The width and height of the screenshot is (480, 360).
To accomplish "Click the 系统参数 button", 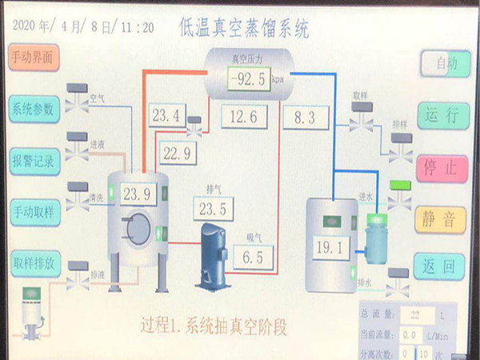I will [x=33, y=109].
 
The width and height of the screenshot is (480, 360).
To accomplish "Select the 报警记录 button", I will [x=33, y=160].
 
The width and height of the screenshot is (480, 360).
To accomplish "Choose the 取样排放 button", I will [x=33, y=262].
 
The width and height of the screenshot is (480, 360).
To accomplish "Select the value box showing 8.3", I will [x=306, y=118].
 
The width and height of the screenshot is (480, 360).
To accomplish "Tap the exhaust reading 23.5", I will [x=214, y=210].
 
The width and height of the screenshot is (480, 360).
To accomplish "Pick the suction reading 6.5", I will [x=253, y=257].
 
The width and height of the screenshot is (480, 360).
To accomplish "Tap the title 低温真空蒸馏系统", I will [x=244, y=28].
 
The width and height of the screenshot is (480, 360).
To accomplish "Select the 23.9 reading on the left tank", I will [x=137, y=193].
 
